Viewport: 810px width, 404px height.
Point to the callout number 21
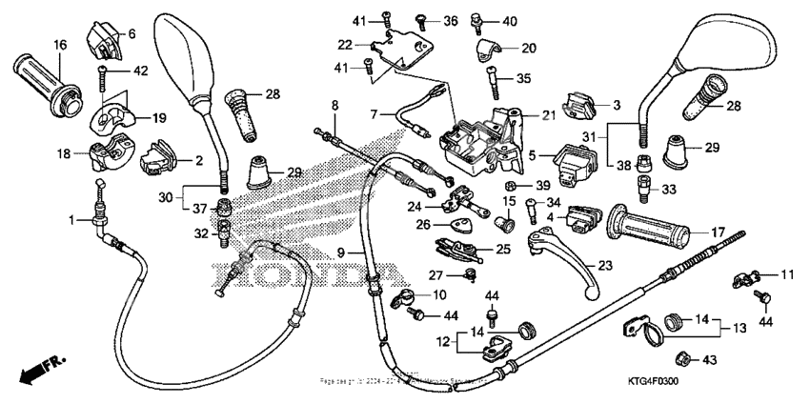548,115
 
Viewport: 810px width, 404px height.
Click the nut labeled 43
682,358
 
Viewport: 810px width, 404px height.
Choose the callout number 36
451,20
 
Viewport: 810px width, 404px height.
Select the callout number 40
510,20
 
